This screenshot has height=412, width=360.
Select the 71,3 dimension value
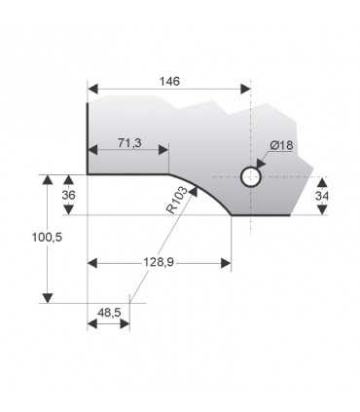(129, 143)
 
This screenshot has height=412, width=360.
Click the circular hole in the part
(251, 177)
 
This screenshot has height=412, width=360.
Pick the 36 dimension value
(69, 195)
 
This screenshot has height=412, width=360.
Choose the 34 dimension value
(325, 196)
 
